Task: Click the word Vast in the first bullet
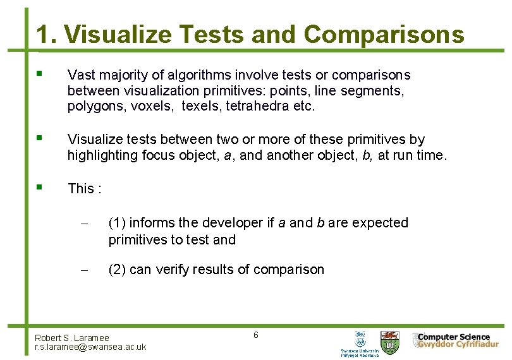coord(80,75)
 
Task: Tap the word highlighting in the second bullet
coord(101,155)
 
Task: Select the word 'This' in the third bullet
coord(80,188)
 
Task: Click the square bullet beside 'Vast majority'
coord(40,74)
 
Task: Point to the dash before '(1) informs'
coord(83,224)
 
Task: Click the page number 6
coord(255,335)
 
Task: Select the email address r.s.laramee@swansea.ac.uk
coord(90,347)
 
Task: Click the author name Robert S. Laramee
coord(72,338)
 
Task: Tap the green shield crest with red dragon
coord(389,343)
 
